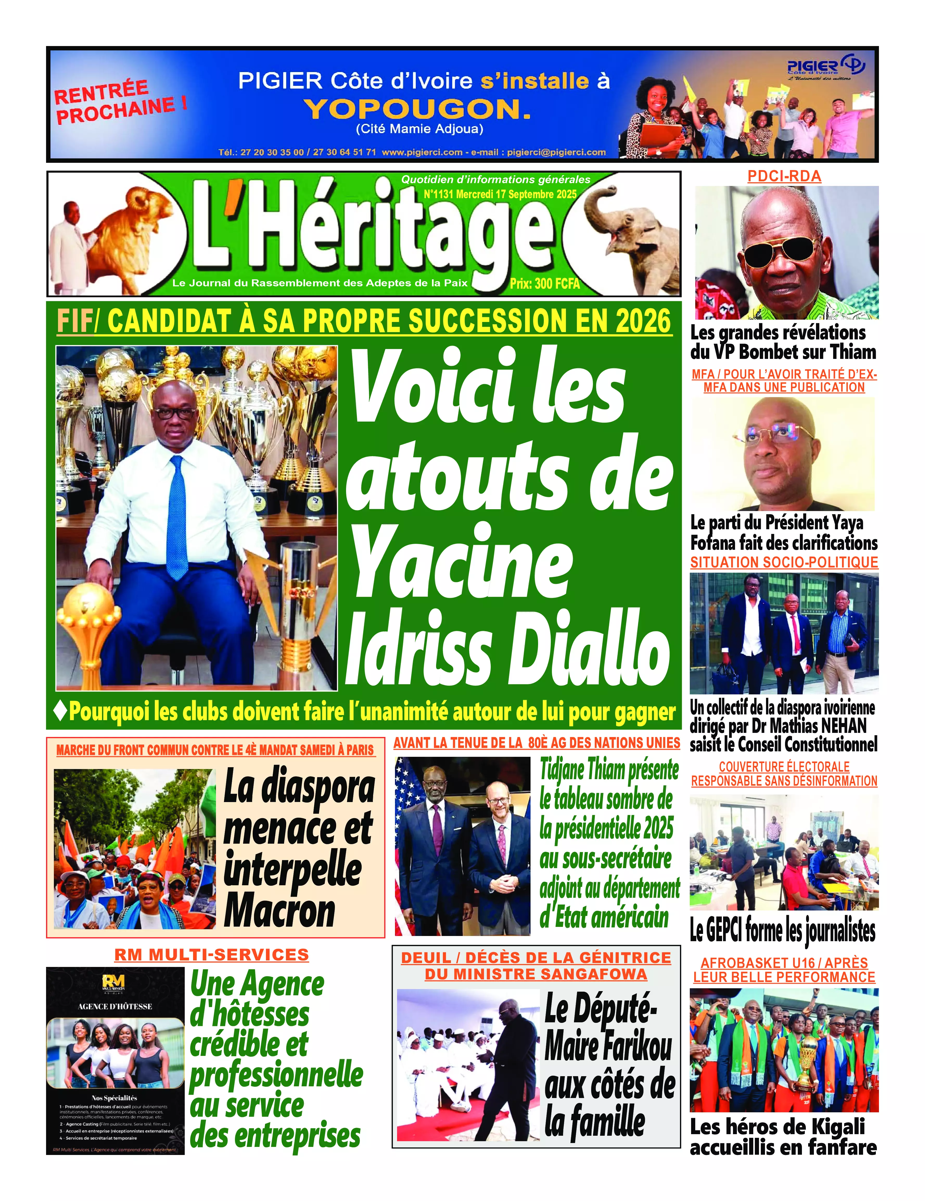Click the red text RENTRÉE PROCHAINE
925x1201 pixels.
[120, 102]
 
